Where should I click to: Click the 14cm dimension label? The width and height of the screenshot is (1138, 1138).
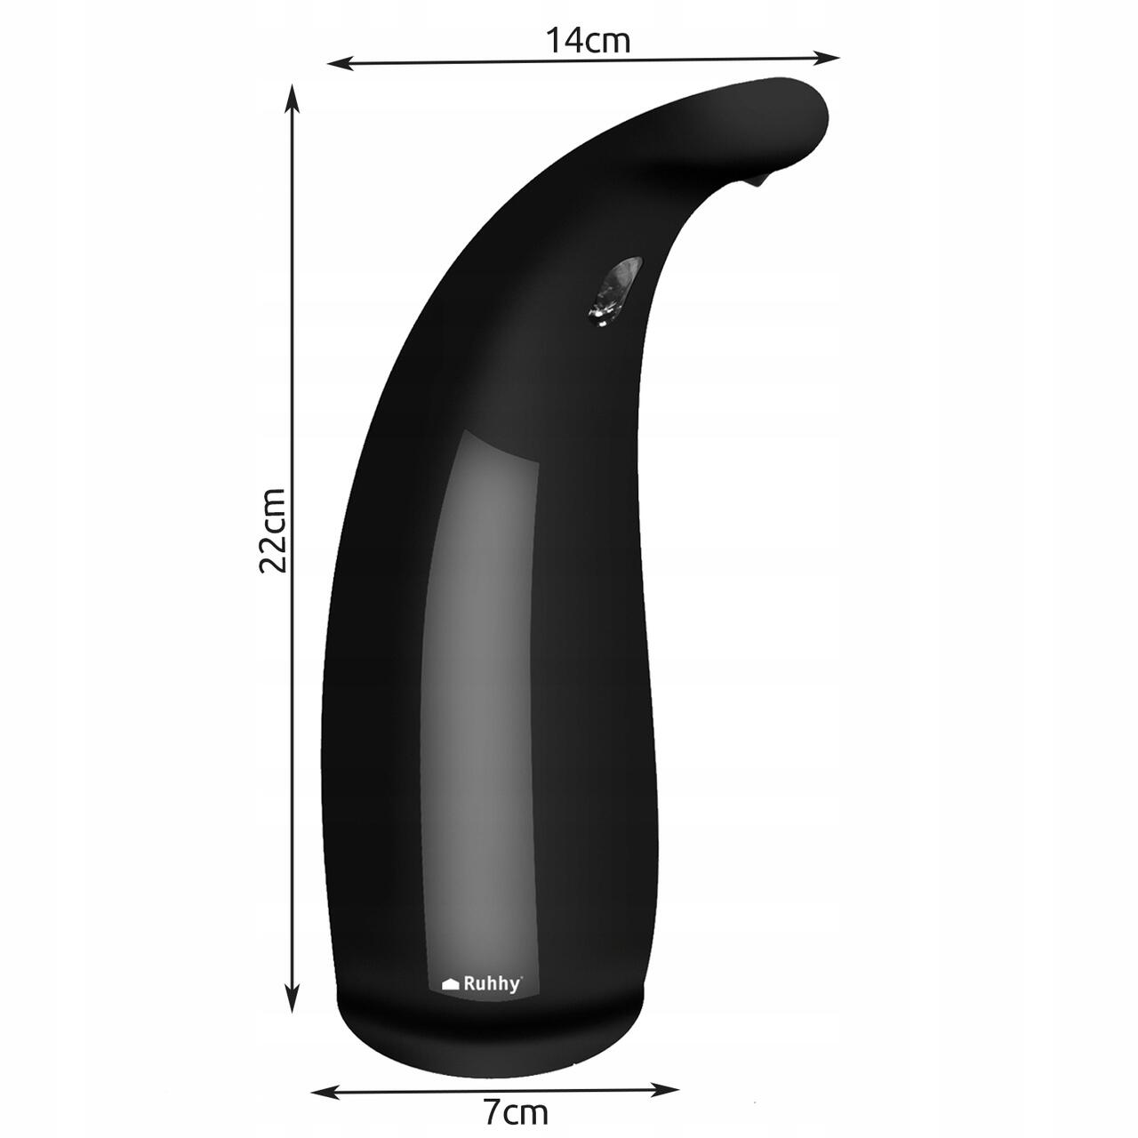pos(588,41)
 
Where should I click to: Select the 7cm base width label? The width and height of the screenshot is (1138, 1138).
pos(515,1111)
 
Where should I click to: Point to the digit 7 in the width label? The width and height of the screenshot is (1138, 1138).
pos(491,1111)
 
